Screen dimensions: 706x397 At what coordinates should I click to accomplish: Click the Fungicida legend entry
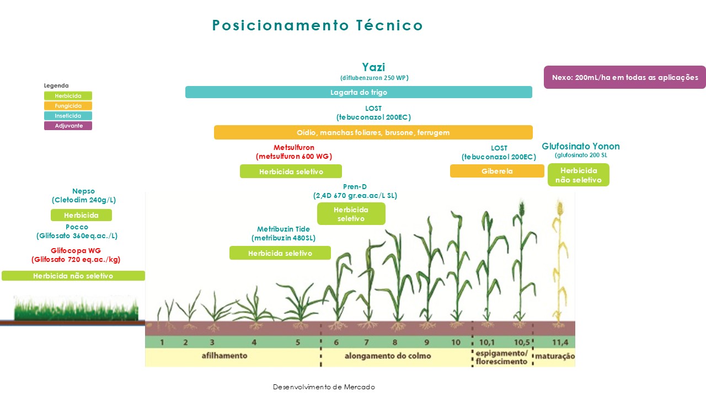coord(68,105)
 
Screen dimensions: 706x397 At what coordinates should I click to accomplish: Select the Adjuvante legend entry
coord(68,126)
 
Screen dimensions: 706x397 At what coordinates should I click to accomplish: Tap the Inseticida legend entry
coord(68,116)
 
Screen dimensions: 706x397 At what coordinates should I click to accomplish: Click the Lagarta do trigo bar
coord(359,92)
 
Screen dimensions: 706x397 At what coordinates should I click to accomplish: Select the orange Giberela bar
coord(497,171)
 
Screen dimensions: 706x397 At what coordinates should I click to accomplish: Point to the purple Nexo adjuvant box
coord(625,77)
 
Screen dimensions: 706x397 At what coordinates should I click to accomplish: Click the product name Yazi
coord(373,67)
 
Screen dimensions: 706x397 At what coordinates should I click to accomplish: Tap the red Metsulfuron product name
coord(294,147)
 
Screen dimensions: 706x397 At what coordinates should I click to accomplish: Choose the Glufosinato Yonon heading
coord(581,146)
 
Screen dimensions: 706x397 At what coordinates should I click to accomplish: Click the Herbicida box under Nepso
coord(81,215)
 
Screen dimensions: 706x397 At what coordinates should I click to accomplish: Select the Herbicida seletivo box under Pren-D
coord(351,213)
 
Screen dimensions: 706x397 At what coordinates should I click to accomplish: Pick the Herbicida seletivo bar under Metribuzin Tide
coord(280,253)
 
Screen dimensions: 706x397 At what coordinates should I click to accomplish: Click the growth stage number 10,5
coord(522,342)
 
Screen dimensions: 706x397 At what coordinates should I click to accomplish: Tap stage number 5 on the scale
coord(297,342)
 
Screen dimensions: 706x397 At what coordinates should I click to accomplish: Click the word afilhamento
coord(224,356)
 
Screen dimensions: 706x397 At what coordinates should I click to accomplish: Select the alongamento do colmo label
coord(388,356)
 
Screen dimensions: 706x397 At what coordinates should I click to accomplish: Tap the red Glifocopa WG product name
coord(76,250)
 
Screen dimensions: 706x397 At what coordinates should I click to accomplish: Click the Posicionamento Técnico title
coord(317,25)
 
